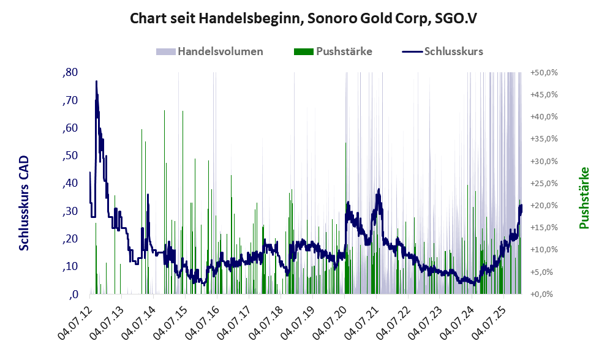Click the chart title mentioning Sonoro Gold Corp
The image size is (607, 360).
[303, 18]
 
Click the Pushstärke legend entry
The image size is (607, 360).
[333, 51]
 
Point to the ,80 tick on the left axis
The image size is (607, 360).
[70, 72]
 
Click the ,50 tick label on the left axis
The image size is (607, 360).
[70, 156]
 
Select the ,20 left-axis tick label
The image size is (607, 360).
[70, 239]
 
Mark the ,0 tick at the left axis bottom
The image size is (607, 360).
[73, 294]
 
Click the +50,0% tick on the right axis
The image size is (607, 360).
[544, 72]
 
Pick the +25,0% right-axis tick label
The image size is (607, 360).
[544, 183]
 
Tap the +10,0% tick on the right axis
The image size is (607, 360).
[544, 250]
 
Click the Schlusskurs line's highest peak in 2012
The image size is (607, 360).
[96, 81]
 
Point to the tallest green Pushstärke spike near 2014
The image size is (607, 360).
[165, 110]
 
